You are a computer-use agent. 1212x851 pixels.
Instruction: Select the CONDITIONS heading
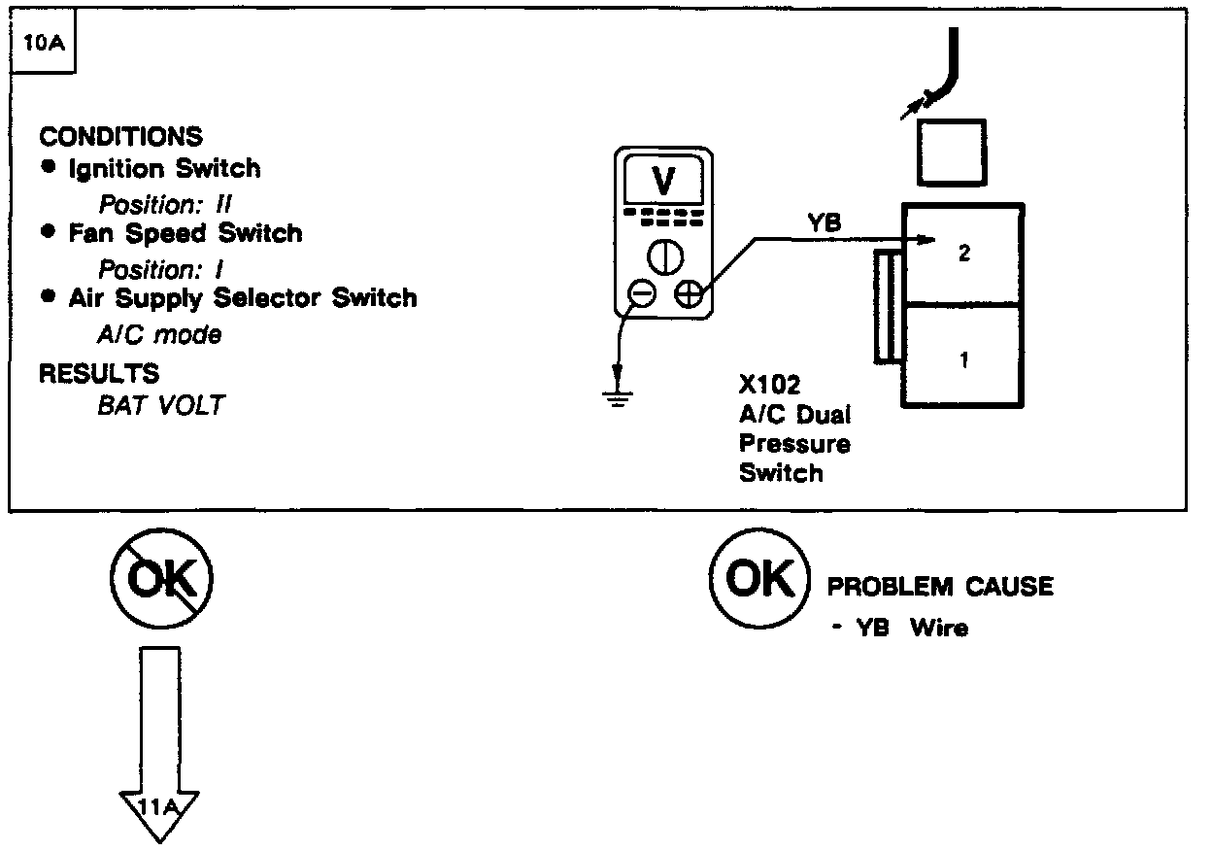pos(120,136)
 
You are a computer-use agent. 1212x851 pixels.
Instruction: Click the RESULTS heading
pos(99,373)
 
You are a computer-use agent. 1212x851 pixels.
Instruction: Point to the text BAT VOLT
pos(160,405)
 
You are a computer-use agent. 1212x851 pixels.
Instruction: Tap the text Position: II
pos(165,205)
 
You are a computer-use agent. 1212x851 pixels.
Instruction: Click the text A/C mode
pos(159,335)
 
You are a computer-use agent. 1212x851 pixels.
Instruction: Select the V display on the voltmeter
pos(664,181)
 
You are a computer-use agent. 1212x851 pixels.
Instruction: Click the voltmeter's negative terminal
pos(641,292)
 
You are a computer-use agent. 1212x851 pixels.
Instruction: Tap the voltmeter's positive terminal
pos(689,292)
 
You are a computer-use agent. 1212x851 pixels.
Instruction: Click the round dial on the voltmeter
pos(665,256)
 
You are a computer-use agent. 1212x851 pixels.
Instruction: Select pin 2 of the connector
pos(963,255)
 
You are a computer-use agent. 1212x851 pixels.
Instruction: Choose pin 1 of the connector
pos(963,360)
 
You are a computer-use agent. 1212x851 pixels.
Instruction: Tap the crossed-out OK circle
pos(160,580)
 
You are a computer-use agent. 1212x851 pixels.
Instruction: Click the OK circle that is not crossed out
pos(759,580)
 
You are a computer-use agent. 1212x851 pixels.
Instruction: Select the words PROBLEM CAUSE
pos(939,587)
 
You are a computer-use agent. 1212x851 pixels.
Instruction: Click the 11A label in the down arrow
pos(159,804)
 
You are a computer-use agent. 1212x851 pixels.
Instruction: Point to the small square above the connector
pos(952,153)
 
